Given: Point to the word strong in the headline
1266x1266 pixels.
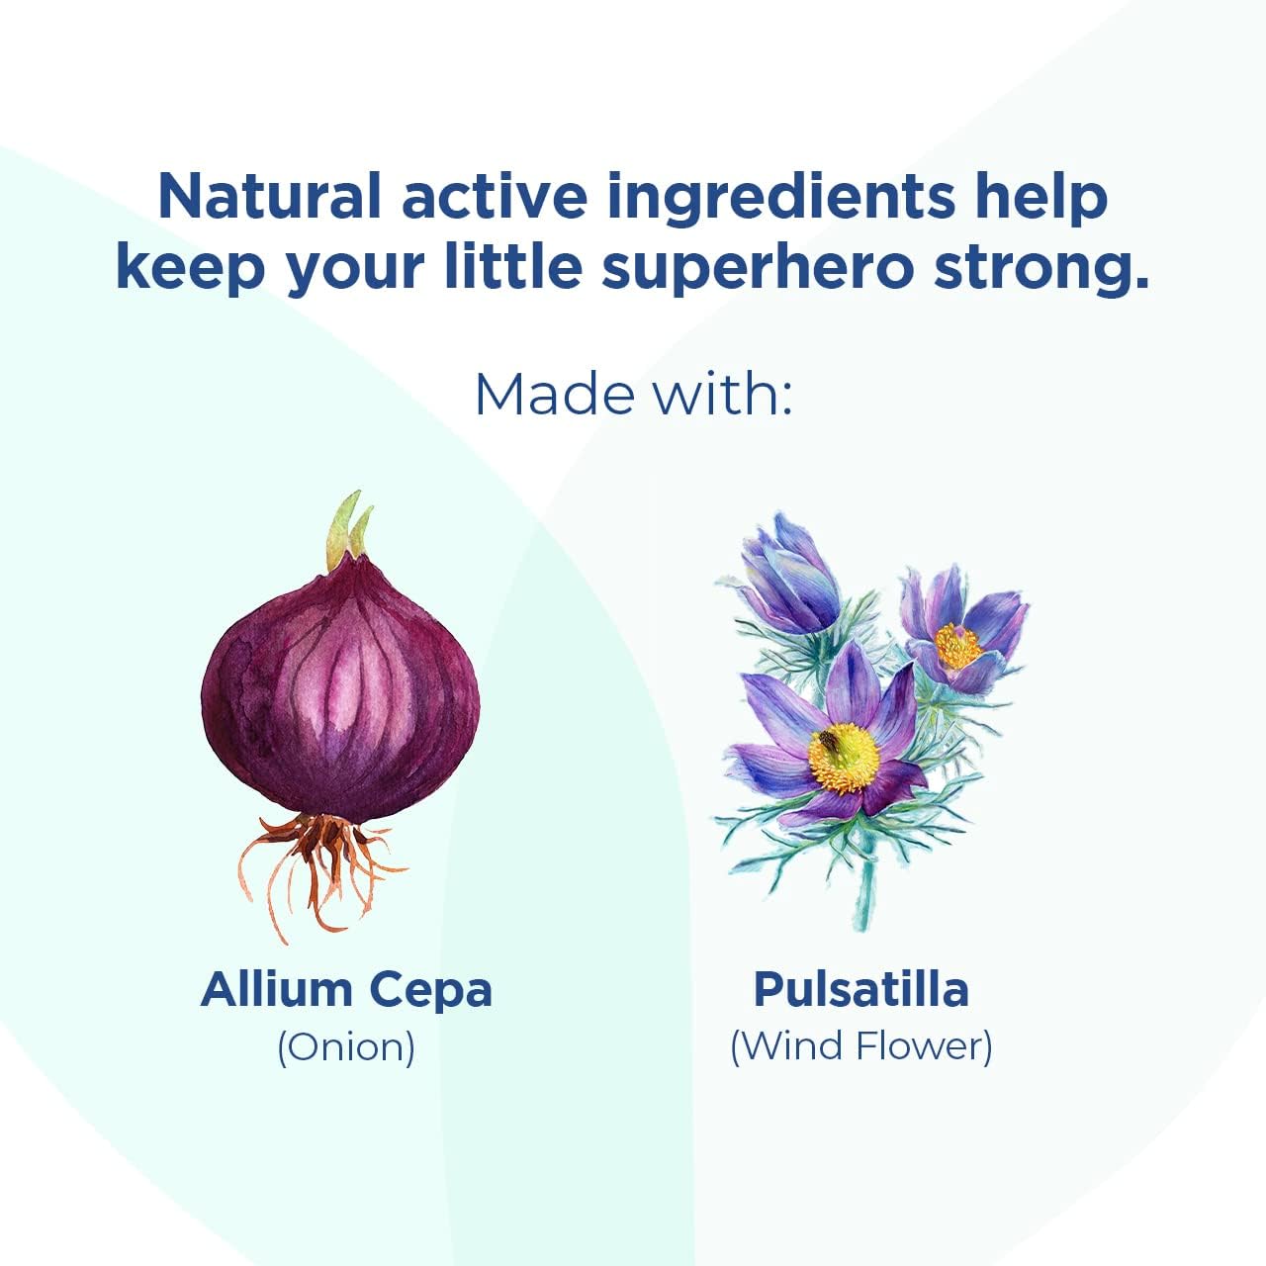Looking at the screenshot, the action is [x=1040, y=272].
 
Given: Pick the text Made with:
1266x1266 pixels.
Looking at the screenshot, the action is [x=633, y=394].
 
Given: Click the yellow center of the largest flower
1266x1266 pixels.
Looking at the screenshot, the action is [x=843, y=759].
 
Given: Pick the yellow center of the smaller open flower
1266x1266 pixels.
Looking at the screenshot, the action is [x=957, y=646].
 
